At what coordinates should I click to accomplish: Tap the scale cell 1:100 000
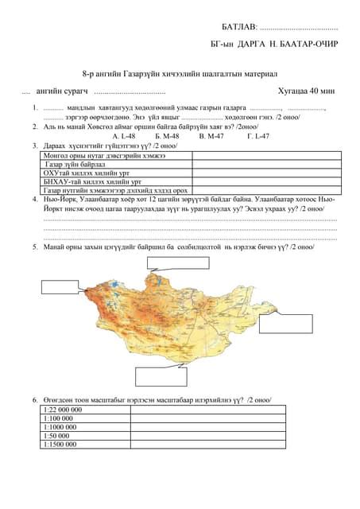[x=60, y=418]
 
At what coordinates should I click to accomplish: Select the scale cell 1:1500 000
[x=62, y=444]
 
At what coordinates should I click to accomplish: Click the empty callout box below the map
[x=161, y=375]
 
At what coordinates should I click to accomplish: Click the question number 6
[x=35, y=398]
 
